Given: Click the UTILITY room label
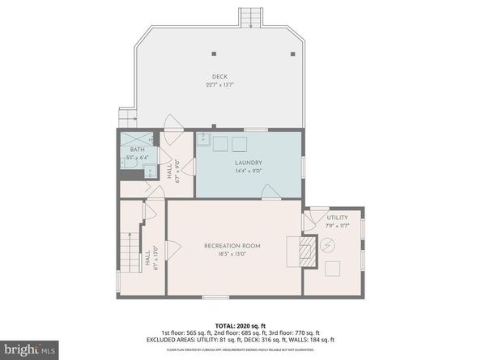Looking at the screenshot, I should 338,218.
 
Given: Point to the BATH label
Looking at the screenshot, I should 138,150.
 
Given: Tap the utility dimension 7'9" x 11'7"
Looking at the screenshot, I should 338,225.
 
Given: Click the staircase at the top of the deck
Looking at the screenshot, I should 250,17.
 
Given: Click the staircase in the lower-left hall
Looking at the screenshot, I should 130,251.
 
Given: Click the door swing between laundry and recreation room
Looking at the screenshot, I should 271,192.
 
